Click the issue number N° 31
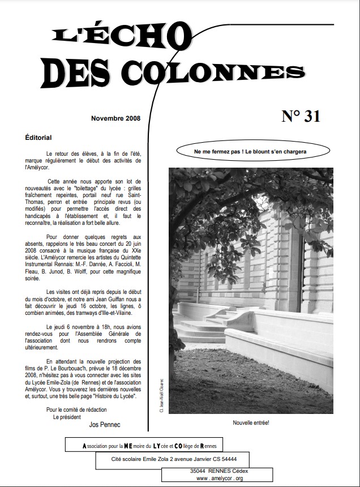[301, 116]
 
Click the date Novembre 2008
[115, 118]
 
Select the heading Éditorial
[38, 138]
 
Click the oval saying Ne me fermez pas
[250, 153]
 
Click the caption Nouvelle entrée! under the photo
[250, 422]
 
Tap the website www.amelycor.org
[220, 479]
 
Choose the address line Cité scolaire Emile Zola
[174, 459]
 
